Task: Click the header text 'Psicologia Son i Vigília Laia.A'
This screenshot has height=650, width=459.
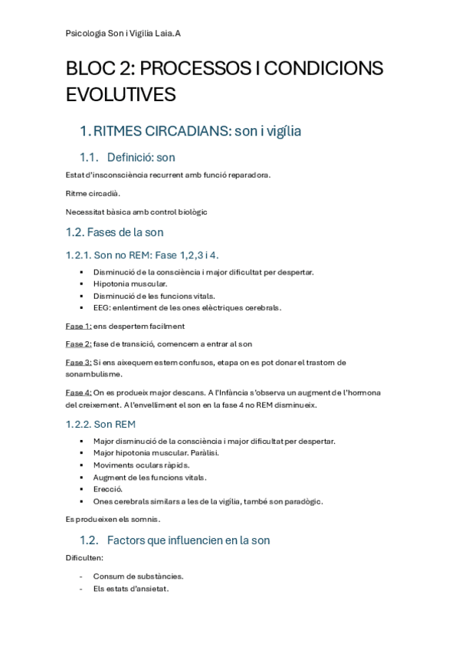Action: pos(123,34)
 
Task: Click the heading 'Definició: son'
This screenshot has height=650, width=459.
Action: pos(141,158)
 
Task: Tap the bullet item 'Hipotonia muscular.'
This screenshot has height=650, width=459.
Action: pos(130,284)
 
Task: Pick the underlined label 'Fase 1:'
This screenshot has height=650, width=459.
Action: pos(79,326)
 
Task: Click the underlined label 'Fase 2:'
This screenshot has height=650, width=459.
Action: pos(79,344)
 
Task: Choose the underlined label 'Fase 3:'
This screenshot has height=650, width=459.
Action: pos(79,362)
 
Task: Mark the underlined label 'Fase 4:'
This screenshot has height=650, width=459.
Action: pos(79,392)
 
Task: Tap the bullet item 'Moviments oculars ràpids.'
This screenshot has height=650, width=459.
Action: pos(141,465)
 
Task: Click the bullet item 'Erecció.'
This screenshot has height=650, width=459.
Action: pos(108,489)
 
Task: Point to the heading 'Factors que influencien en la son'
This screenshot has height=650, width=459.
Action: pos(189,540)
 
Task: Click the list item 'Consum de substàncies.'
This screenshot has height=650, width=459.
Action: pos(138,576)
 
